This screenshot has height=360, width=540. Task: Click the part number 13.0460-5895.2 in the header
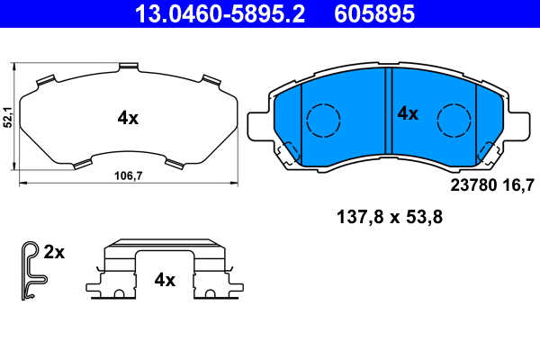pyautogui.click(x=220, y=13)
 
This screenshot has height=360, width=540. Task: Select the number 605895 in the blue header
pyautogui.click(x=374, y=13)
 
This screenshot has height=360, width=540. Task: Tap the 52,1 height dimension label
pyautogui.click(x=7, y=117)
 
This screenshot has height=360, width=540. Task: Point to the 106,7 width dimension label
pyautogui.click(x=129, y=175)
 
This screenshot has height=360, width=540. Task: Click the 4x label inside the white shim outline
pyautogui.click(x=128, y=119)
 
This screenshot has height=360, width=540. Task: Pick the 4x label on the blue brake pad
pyautogui.click(x=408, y=113)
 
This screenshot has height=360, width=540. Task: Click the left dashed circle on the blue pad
pyautogui.click(x=323, y=121)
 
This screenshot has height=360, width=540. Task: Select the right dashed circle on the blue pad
pyautogui.click(x=454, y=121)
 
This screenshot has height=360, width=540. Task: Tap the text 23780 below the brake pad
pyautogui.click(x=474, y=185)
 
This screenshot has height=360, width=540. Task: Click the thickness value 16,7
pyautogui.click(x=518, y=185)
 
